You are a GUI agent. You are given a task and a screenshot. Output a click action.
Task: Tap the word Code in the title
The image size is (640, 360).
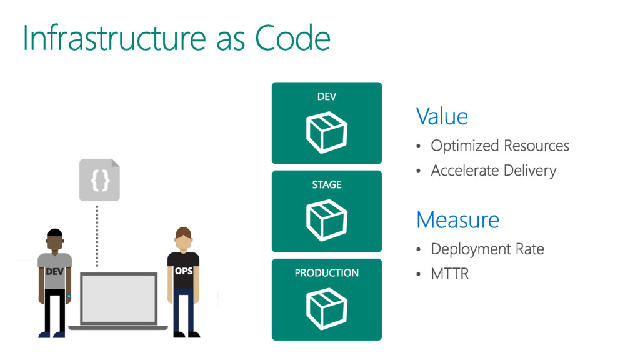pos(292,38)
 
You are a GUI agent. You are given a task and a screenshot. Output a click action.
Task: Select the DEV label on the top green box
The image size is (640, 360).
pos(326,96)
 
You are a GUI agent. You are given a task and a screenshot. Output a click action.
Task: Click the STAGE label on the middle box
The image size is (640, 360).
pos(326,184)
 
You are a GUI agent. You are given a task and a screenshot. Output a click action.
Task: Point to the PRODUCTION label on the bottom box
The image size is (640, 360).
pos(326,272)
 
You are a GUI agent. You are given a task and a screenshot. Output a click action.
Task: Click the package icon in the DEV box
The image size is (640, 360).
pos(326,132)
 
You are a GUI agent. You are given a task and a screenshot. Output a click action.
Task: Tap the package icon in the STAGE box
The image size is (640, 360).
pos(326,219)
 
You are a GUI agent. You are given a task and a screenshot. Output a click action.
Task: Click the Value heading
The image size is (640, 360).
pos(442,116)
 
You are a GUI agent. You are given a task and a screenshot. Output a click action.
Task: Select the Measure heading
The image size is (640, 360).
pos(457,220)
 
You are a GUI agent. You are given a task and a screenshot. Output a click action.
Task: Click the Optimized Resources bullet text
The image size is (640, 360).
pos(500,146)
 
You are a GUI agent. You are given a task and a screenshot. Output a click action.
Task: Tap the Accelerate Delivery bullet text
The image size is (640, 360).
pos(493,170)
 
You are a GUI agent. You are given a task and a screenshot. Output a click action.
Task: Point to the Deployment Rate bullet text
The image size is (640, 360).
pos(487,249)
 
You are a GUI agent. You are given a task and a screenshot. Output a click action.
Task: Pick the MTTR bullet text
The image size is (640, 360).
pos(449,273)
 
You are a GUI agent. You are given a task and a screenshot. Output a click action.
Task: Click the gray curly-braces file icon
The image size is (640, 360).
pos(99,180)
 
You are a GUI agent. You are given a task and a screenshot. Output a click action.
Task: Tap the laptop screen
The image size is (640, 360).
pos(118,299)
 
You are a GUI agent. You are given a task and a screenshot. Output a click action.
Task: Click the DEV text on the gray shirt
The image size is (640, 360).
pos(55,272)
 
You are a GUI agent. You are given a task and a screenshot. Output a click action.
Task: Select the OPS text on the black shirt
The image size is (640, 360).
pos(183,271)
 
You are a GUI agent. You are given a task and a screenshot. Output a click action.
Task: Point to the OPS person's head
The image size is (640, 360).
pos(182,239)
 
